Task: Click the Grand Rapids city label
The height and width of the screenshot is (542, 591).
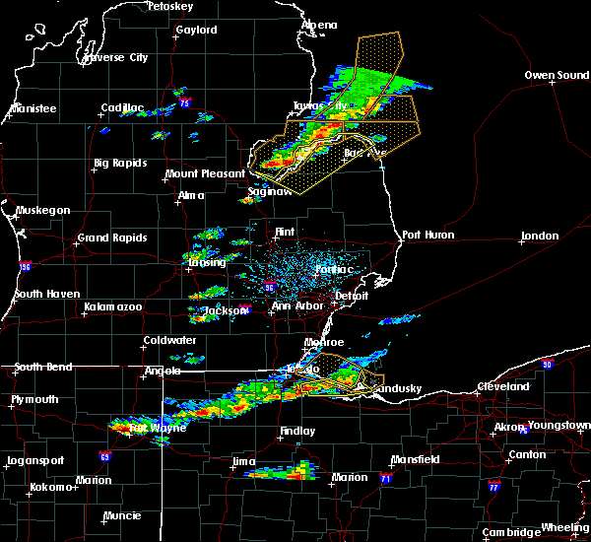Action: (x=112, y=237)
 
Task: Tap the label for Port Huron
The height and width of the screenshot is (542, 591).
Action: (x=425, y=236)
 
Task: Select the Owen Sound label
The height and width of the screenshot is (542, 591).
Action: (x=557, y=75)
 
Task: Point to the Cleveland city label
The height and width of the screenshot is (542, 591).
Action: (x=502, y=387)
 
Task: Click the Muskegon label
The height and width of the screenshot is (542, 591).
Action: (x=42, y=210)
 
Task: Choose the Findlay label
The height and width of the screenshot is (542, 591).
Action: (x=296, y=431)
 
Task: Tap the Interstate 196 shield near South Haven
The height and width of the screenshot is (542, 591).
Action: (x=24, y=267)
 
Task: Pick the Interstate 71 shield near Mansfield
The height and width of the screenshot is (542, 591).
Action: (x=386, y=478)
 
